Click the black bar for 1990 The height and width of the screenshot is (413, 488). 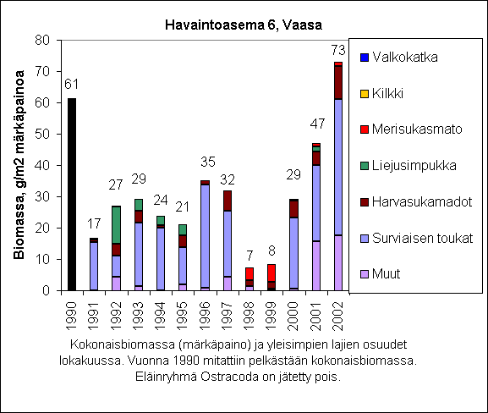[x=72, y=195]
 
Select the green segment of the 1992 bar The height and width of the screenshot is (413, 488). [x=116, y=225]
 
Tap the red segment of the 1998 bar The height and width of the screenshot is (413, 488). [x=249, y=273]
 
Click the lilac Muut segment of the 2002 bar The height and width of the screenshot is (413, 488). [x=338, y=263]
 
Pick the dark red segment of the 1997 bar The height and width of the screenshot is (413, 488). [x=228, y=201]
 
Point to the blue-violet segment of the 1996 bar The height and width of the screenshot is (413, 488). [x=206, y=236]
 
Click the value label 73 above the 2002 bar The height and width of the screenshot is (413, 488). [x=338, y=50]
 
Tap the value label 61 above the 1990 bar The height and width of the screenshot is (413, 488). [x=71, y=84]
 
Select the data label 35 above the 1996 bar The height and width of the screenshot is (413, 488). [x=208, y=162]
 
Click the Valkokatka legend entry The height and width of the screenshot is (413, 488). [x=398, y=58]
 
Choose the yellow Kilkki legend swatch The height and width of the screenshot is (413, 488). [x=365, y=94]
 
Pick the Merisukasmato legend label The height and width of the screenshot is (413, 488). [x=417, y=129]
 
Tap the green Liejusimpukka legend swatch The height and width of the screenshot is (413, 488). [x=365, y=166]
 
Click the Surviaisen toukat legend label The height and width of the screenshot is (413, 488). [x=422, y=238]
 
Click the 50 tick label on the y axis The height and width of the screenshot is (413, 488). [x=42, y=134]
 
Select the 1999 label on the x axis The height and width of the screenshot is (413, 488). [x=271, y=317]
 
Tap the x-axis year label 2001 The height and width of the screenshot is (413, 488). [x=315, y=317]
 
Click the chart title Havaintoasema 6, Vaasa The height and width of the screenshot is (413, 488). [x=244, y=25]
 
